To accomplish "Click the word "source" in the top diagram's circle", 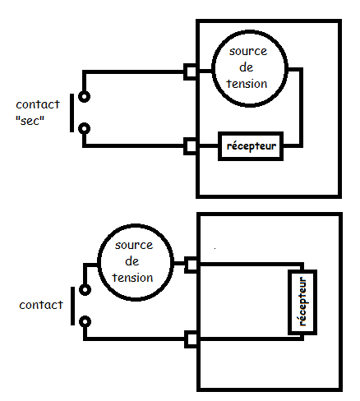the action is click(x=248, y=52).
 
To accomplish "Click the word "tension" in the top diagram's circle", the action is click(x=247, y=84).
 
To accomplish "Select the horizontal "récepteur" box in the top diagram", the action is click(x=251, y=146).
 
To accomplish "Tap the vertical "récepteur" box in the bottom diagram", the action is click(x=302, y=302).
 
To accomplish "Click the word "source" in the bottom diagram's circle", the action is click(x=134, y=245).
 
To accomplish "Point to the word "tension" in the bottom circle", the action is click(x=132, y=278).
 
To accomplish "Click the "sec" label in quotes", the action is click(x=30, y=121).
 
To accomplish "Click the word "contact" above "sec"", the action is click(x=38, y=104).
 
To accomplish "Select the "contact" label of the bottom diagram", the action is click(x=41, y=305).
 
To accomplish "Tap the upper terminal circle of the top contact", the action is click(x=84, y=97).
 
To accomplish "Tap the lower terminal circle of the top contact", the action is click(x=84, y=128).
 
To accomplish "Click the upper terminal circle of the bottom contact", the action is click(x=85, y=290).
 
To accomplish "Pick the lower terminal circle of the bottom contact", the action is click(x=85, y=321).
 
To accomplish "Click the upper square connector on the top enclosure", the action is click(x=190, y=71).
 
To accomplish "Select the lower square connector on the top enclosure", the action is click(x=190, y=146).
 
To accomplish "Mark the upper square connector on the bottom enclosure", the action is click(x=192, y=265).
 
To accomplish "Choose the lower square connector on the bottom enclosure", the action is click(x=192, y=339).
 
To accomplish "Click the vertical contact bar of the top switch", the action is click(x=72, y=113).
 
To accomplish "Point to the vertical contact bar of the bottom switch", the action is click(x=72, y=306).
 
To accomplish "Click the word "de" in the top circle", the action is click(x=246, y=67).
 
